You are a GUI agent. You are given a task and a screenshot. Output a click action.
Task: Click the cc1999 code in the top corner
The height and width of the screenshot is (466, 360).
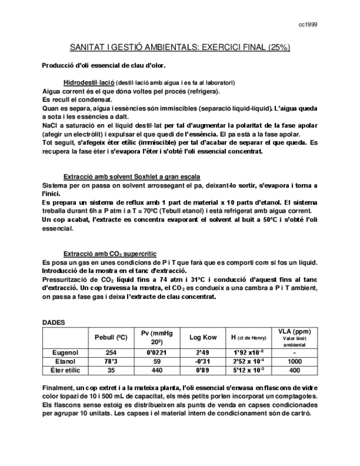(307, 25)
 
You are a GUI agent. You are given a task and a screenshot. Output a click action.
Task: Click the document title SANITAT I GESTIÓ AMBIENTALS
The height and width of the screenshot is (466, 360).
(180, 48)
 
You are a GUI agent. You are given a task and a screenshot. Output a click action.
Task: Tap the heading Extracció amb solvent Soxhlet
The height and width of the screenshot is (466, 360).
(131, 176)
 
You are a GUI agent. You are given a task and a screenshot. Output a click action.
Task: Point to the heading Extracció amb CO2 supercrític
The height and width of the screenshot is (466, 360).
(110, 253)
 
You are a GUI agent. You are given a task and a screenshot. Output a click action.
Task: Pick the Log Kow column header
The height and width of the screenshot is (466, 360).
(203, 337)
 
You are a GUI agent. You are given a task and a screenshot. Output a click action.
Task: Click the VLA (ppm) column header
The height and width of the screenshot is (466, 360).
(294, 331)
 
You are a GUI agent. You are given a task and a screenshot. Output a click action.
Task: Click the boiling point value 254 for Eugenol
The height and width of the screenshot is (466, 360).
(111, 352)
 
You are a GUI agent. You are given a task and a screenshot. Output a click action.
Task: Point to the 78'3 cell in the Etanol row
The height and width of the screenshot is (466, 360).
(111, 361)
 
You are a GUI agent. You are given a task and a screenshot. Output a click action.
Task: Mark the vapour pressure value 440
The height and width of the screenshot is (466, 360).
(157, 370)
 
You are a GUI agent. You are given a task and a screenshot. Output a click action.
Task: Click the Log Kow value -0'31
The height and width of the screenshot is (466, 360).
(203, 361)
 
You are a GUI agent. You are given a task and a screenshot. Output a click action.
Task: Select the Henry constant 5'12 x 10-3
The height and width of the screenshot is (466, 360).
(248, 370)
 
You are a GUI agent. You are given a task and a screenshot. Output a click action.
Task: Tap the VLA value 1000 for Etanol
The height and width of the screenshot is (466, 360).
(294, 361)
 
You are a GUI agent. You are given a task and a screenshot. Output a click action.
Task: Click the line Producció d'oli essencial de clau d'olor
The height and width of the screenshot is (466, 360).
(104, 66)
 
